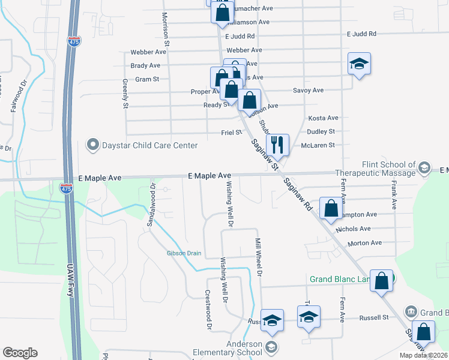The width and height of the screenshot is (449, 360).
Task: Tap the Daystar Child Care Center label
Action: tap(149, 145)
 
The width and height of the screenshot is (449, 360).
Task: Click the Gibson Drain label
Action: tap(184, 253)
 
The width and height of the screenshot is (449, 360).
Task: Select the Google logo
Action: tap(20, 353)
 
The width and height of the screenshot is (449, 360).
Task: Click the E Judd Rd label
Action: tap(360, 35)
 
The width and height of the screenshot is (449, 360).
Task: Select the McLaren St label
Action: tap(319, 145)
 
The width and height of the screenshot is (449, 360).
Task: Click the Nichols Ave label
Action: tap(354, 229)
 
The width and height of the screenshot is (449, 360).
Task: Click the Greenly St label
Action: tap(126, 94)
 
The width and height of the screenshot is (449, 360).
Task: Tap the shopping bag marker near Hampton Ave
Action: tap(330, 208)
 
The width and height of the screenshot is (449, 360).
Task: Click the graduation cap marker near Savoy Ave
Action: tap(359, 64)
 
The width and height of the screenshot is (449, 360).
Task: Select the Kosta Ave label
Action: tap(323, 118)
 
